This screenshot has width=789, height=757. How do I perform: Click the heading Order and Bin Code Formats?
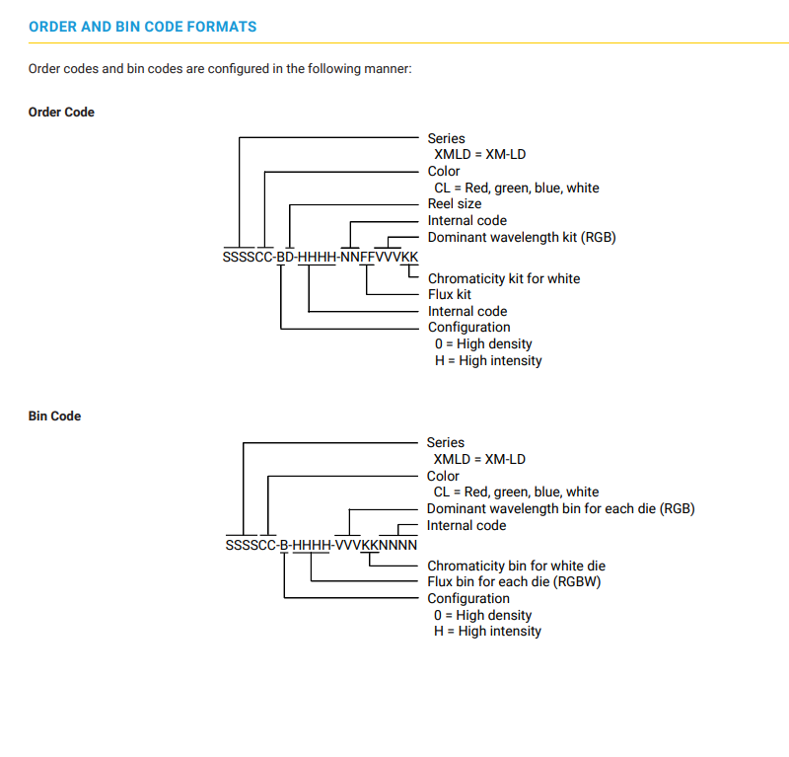(x=142, y=27)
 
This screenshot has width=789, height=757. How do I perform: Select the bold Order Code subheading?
(x=61, y=112)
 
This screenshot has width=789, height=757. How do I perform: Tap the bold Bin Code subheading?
(x=55, y=416)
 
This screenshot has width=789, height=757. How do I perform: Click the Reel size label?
(x=455, y=203)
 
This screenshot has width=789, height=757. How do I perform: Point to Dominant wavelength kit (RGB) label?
(x=522, y=237)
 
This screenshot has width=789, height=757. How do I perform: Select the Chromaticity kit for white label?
(x=504, y=278)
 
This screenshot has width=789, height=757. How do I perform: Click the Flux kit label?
(x=450, y=294)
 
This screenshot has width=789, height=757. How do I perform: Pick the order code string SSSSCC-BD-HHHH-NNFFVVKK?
(x=321, y=257)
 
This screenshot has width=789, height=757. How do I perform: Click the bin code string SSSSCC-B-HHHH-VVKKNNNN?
(x=322, y=545)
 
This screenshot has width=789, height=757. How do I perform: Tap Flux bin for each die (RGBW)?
(x=514, y=581)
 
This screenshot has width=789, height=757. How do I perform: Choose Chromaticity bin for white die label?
(x=516, y=566)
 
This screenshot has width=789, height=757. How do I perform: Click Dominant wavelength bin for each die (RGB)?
(x=560, y=508)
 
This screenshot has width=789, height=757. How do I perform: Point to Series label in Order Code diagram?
(x=447, y=138)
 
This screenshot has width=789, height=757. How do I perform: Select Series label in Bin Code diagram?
(x=446, y=442)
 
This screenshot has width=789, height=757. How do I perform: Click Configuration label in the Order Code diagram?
(x=469, y=328)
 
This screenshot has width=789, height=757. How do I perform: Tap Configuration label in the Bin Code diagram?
(x=468, y=598)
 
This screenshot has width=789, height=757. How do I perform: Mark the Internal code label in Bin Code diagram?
(x=466, y=525)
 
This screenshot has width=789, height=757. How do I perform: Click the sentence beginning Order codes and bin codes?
(x=220, y=68)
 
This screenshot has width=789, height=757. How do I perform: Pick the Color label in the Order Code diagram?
(x=443, y=172)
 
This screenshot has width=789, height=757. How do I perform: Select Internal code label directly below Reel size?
(x=466, y=221)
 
